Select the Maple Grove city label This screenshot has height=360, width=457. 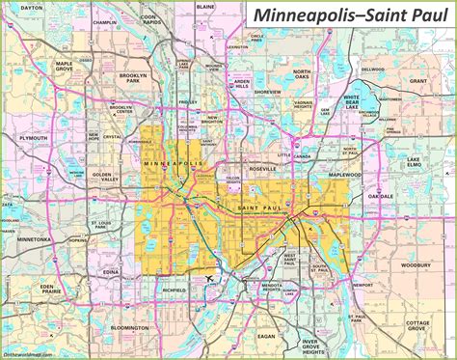[65, 67]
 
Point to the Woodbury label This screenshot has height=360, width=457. [417, 263]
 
